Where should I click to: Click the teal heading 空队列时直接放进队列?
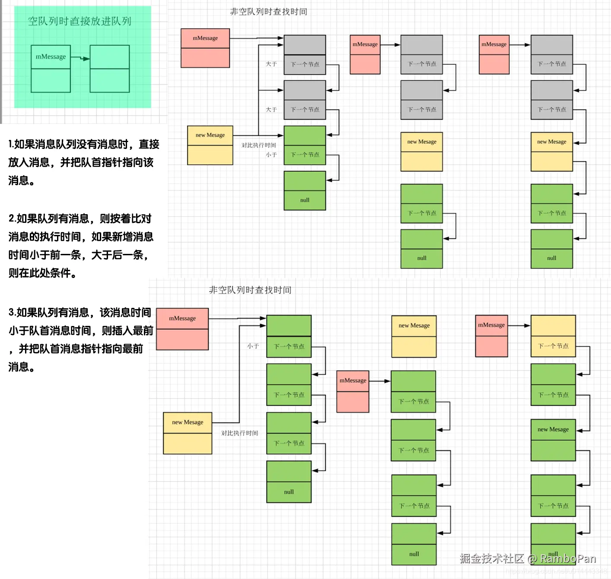click(80, 21)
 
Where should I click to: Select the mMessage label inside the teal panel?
click(51, 57)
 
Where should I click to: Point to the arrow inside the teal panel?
click(80, 58)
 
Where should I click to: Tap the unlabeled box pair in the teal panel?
click(109, 69)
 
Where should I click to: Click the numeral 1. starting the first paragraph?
click(11, 144)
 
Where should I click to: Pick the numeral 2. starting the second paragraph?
click(12, 218)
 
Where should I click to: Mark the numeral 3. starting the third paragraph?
click(12, 312)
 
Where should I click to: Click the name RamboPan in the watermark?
click(568, 559)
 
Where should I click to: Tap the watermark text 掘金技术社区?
click(492, 559)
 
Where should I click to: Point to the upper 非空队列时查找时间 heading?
click(268, 12)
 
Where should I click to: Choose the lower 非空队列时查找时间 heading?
click(250, 290)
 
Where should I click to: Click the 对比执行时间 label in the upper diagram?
click(258, 145)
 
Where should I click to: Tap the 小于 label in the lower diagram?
click(253, 346)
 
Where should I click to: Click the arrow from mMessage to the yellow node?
click(519, 326)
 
